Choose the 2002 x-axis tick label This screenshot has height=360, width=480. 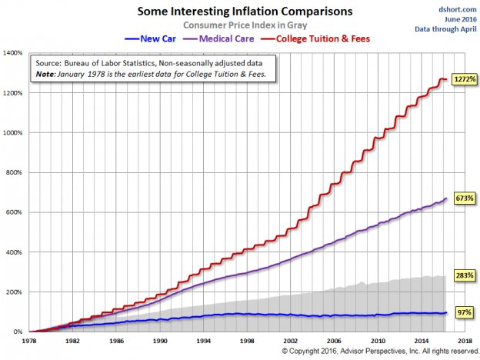pyautogui.click(x=289, y=339)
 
